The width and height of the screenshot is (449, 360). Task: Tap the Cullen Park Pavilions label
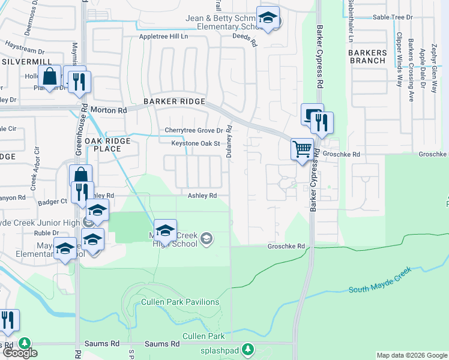click(179, 302)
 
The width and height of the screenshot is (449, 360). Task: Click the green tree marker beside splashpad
click(248, 349)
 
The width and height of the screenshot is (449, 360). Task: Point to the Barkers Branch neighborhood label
click(367, 56)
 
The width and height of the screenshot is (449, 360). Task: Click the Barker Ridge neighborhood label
click(174, 102)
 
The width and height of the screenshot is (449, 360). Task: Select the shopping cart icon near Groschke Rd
click(302, 148)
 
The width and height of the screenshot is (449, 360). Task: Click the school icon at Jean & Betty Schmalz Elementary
click(268, 18)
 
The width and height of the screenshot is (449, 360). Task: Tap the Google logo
click(19, 352)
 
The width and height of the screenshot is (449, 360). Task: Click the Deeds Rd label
click(245, 43)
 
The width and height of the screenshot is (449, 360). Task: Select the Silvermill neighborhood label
click(24, 62)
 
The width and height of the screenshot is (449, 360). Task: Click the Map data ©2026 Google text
click(411, 355)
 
